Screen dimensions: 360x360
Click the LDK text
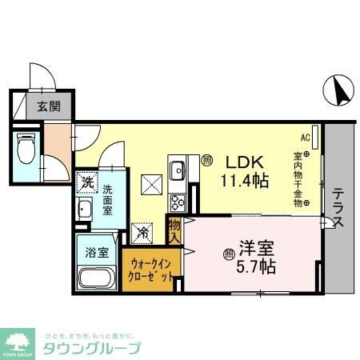pos(243,159)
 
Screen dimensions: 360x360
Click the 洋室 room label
pos(254,246)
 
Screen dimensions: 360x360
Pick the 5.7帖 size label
pos(254,265)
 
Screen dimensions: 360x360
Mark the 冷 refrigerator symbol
pos(142,234)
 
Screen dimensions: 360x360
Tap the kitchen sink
pos(177,170)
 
